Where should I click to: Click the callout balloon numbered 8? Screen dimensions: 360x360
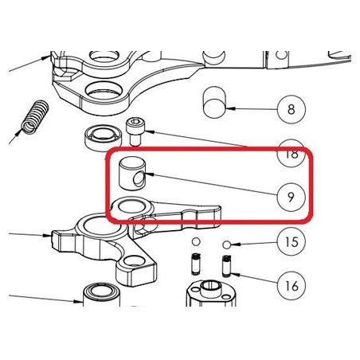coord(292,109)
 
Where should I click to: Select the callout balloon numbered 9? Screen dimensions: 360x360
coord(292,197)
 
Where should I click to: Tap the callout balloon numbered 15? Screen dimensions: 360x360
coord(292,242)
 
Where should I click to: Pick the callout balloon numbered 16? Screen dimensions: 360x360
coord(292,286)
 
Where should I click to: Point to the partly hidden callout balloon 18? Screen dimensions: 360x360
coord(292,154)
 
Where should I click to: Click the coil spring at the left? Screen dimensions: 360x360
coord(35,117)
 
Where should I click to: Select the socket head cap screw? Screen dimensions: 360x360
coord(135,132)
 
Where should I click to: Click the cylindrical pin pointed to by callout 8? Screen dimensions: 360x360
coord(214,102)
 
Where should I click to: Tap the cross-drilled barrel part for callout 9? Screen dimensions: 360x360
coord(132,174)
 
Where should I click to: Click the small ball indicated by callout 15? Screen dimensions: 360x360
coord(226,245)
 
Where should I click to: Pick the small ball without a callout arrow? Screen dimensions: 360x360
coord(196,242)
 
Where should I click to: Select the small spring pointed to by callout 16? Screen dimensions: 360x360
coord(226,266)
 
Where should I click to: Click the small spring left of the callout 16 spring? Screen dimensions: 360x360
coord(196,264)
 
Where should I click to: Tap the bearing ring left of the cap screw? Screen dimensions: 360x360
coord(103,138)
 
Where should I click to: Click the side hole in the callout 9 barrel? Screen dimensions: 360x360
coord(139,179)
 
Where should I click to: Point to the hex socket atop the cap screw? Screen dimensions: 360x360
coord(135,122)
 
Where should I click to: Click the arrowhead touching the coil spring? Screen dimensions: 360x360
coord(18,132)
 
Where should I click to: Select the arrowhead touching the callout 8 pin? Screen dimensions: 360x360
coord(231,108)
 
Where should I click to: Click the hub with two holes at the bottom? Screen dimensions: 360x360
coord(210,293)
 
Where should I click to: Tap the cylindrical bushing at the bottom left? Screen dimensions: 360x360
coord(101,295)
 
